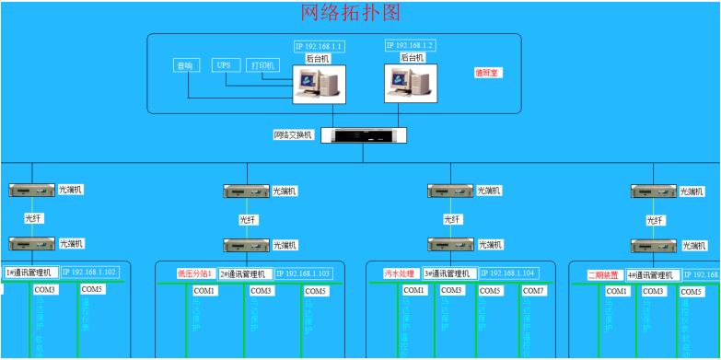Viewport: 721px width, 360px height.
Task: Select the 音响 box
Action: point(187,65)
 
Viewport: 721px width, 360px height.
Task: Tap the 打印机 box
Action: point(262,65)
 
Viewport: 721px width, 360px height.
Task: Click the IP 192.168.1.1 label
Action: point(319,45)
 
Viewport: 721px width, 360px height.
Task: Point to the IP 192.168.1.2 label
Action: point(410,44)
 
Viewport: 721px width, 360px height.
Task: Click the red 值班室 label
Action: point(487,72)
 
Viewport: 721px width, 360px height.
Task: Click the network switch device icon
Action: point(369,135)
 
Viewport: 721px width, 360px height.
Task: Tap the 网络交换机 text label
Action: point(294,134)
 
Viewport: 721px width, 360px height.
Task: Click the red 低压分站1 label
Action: point(195,273)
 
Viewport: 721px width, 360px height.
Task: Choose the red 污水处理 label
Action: point(401,273)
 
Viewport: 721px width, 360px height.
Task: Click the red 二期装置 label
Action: point(605,274)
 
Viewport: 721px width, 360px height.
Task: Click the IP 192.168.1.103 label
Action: point(305,274)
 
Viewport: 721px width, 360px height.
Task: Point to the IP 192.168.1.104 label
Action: point(509,273)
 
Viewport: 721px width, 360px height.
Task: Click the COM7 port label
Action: point(534,291)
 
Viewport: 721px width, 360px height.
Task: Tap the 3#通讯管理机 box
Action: point(450,273)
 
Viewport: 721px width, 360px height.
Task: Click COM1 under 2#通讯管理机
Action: point(204,291)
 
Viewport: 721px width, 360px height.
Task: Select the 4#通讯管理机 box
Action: point(653,274)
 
